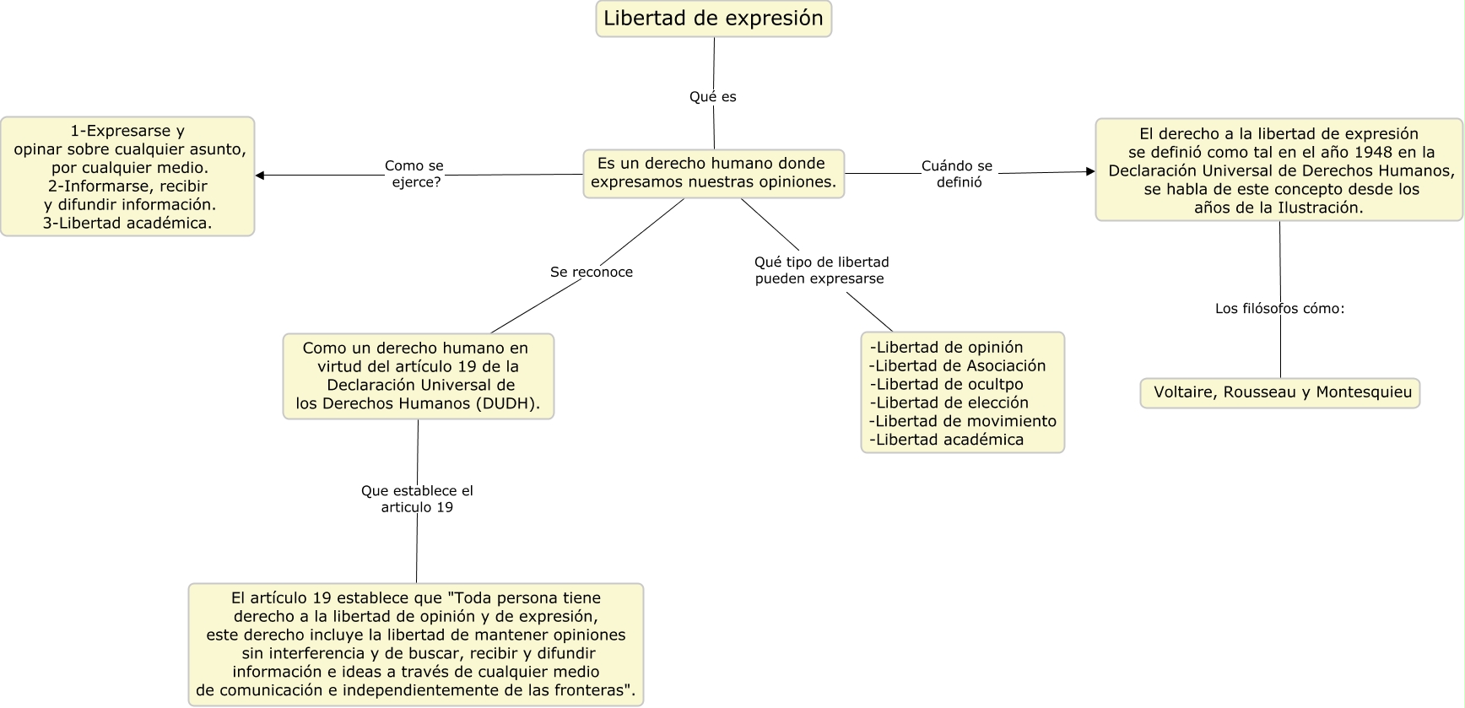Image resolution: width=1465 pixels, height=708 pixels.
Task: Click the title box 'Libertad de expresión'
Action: point(713,19)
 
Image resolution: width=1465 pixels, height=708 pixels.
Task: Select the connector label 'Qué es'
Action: point(712,97)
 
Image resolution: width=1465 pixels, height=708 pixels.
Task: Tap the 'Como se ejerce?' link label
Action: point(414,174)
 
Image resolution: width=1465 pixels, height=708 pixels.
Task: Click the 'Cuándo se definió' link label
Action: point(957,174)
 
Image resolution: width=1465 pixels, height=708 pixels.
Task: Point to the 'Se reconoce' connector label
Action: point(591,272)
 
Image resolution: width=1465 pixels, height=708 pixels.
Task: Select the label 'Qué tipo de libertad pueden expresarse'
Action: point(821,270)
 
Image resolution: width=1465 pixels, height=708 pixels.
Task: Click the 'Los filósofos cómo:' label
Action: point(1279,309)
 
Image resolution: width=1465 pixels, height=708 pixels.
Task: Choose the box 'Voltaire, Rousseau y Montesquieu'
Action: point(1281,392)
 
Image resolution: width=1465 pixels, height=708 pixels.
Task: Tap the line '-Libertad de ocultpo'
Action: point(946,384)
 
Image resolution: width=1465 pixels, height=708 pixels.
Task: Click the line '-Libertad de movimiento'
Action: point(963,421)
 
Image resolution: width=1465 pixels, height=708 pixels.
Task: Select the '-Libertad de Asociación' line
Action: point(957,365)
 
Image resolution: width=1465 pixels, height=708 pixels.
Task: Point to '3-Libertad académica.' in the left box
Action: point(127,223)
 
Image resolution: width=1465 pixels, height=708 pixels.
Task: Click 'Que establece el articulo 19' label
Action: point(417,499)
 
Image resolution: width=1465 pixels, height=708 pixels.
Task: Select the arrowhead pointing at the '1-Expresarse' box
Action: point(260,176)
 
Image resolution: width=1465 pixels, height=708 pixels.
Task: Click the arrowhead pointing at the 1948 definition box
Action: point(1089,171)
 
